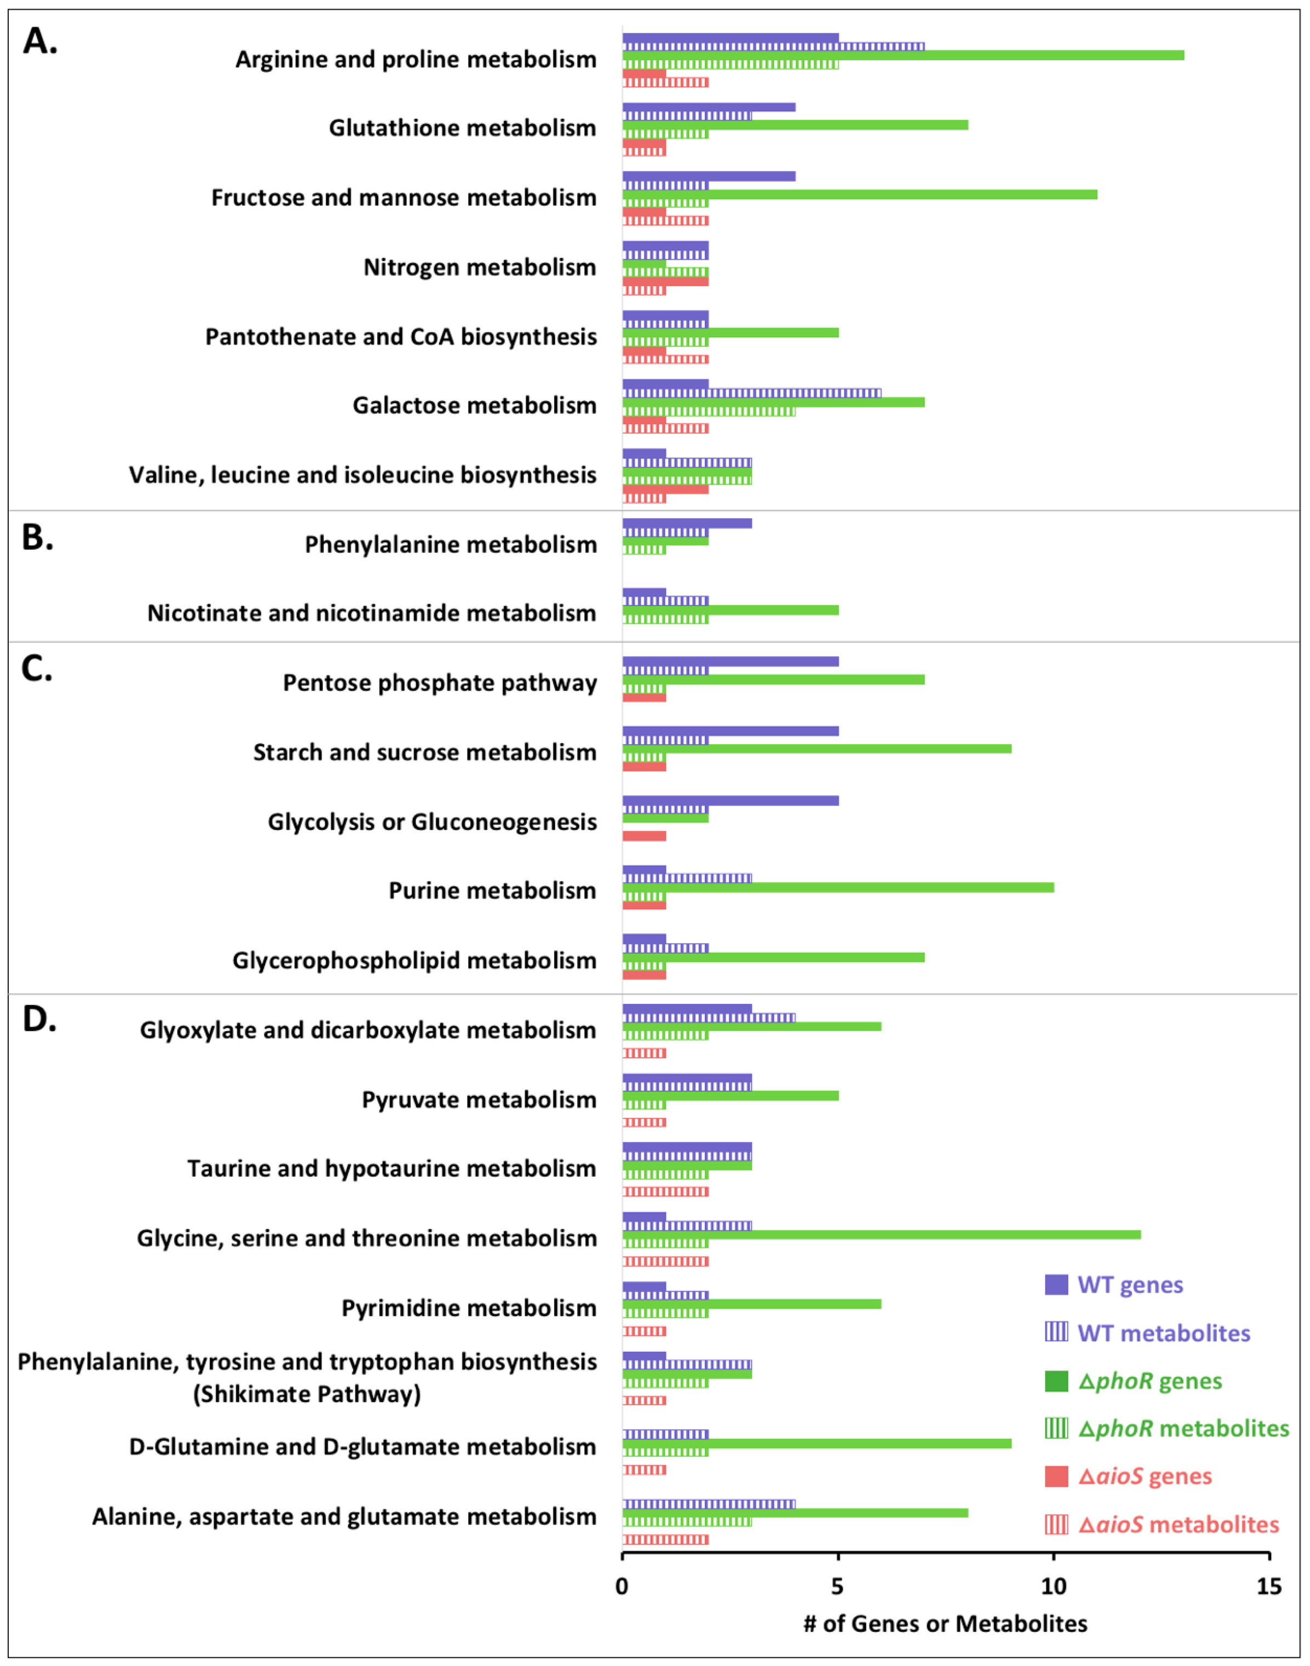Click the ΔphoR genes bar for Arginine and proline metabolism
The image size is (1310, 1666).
903,55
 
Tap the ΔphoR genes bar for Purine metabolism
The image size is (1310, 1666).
838,888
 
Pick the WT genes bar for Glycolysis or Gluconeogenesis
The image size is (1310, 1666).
730,801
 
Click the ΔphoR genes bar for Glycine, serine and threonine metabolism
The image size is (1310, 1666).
881,1234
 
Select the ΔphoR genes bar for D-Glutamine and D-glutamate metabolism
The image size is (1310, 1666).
816,1444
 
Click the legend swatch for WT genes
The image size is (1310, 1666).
1056,1285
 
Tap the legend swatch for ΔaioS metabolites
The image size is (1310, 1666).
1056,1524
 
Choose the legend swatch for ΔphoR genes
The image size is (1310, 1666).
1056,1381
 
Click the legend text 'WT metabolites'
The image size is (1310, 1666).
1164,1333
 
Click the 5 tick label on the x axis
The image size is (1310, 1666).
838,1587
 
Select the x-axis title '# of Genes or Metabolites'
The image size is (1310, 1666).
945,1624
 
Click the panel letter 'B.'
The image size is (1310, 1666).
38,538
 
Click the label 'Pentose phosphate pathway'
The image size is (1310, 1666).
440,682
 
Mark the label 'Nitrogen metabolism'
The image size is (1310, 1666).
480,267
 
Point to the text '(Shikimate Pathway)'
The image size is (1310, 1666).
307,1394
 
